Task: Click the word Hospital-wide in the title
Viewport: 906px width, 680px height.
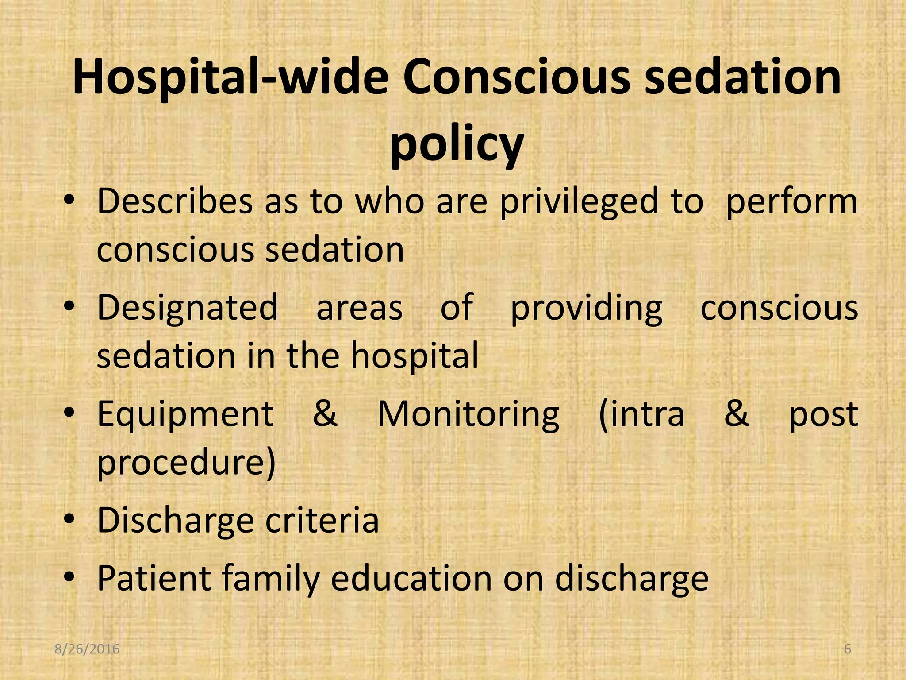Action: (230, 79)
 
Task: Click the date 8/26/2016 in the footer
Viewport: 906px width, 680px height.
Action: (87, 649)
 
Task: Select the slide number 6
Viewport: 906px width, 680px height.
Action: (847, 649)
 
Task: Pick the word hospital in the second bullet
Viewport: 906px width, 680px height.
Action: (415, 356)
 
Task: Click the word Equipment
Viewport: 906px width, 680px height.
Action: (185, 415)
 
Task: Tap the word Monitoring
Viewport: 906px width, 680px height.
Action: (468, 415)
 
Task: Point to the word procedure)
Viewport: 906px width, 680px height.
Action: (186, 463)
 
